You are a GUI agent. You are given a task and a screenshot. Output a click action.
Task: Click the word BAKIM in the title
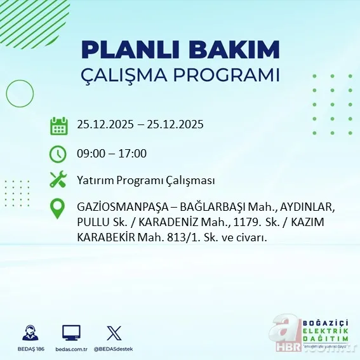coord(235,50)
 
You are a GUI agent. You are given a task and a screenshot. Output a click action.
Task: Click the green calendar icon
coord(58,125)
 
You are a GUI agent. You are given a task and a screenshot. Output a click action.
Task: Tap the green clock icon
coord(58,153)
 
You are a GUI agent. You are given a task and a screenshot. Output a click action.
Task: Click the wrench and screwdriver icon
coord(58,180)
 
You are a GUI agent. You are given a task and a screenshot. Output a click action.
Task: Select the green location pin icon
coord(58,209)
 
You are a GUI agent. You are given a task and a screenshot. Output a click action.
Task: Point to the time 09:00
coord(91,153)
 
